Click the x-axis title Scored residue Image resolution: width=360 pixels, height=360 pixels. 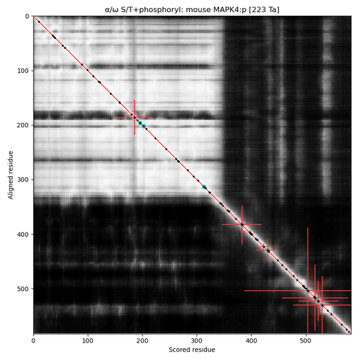(x=192, y=349)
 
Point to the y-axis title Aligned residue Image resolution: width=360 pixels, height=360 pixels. (x=10, y=175)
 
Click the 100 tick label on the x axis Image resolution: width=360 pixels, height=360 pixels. (x=88, y=340)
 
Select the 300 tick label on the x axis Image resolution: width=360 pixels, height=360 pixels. (x=196, y=340)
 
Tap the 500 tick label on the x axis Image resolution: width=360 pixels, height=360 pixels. (x=306, y=340)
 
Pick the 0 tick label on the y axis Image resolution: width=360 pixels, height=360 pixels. (x=27, y=16)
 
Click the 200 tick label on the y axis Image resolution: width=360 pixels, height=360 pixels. (x=23, y=125)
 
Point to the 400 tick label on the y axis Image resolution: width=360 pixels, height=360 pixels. (x=23, y=234)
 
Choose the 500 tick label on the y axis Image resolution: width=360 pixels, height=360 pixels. (x=23, y=289)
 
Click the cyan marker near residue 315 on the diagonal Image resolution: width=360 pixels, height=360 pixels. (x=204, y=187)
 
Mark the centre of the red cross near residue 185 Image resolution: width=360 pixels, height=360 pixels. (x=134, y=117)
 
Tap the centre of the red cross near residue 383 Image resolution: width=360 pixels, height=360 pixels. (x=242, y=224)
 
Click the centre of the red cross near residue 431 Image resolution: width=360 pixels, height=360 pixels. (x=268, y=250)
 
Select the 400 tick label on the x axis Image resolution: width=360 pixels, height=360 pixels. (x=251, y=340)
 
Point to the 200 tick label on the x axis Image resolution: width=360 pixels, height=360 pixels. (x=142, y=340)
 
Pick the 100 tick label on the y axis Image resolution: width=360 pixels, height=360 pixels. (x=23, y=70)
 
